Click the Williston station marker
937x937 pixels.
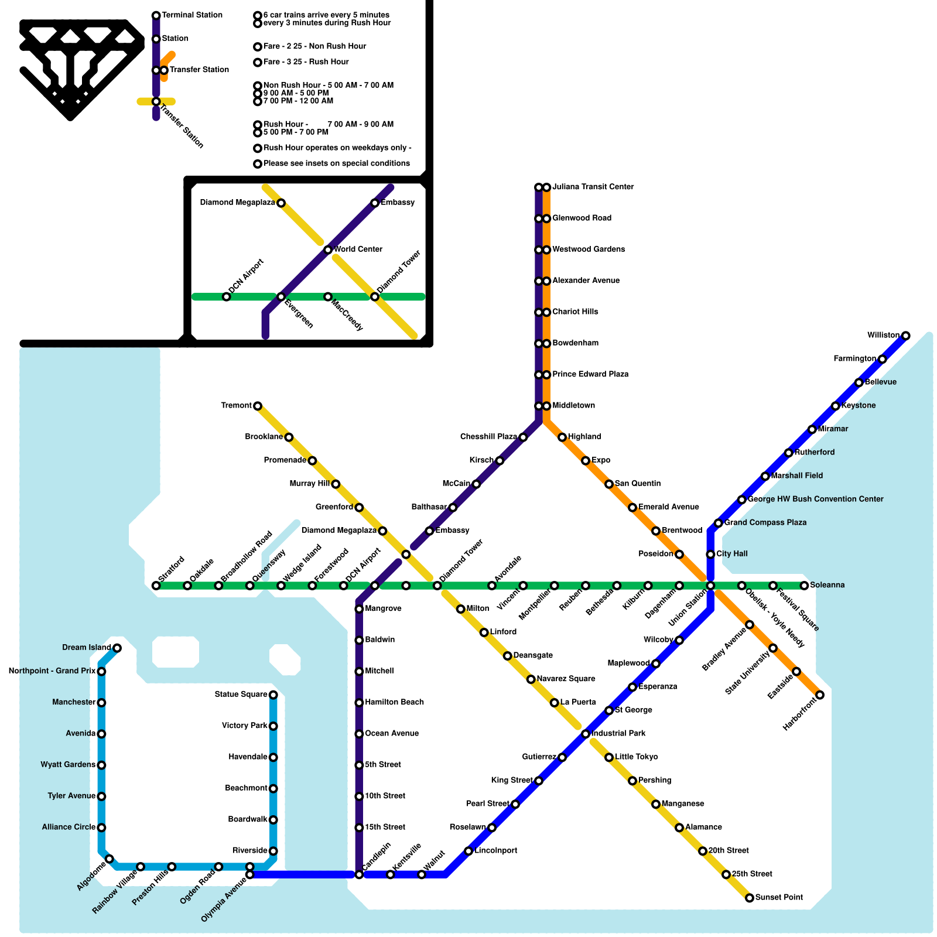pyautogui.click(x=905, y=336)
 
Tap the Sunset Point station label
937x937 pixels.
pyautogui.click(x=779, y=897)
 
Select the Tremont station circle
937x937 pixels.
pyautogui.click(x=258, y=406)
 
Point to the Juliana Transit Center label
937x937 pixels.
pyautogui.click(x=593, y=187)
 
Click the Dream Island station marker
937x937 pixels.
pyautogui.click(x=117, y=648)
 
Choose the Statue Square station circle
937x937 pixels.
pyautogui.click(x=273, y=695)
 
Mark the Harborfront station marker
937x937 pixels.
pyautogui.click(x=820, y=695)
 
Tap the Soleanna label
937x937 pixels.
pyautogui.click(x=827, y=585)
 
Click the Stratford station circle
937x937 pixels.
pyautogui.click(x=156, y=586)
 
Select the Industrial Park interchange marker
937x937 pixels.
pyautogui.click(x=586, y=734)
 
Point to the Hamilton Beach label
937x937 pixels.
pyautogui.click(x=394, y=702)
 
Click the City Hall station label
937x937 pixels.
pyautogui.click(x=731, y=554)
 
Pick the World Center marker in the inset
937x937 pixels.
pyautogui.click(x=328, y=250)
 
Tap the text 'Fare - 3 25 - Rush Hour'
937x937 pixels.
pyautogui.click(x=306, y=62)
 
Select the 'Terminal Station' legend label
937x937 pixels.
pyautogui.click(x=192, y=15)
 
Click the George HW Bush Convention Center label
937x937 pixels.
pyautogui.click(x=815, y=500)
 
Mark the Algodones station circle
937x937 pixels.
pyautogui.click(x=110, y=859)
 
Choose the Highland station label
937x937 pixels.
pyautogui.click(x=584, y=437)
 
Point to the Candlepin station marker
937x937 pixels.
pyautogui.click(x=359, y=875)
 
